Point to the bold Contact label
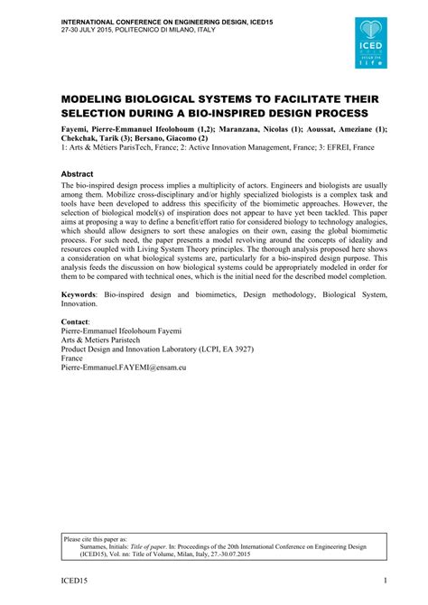[79, 321]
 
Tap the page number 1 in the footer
[386, 581]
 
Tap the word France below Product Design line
[74, 357]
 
